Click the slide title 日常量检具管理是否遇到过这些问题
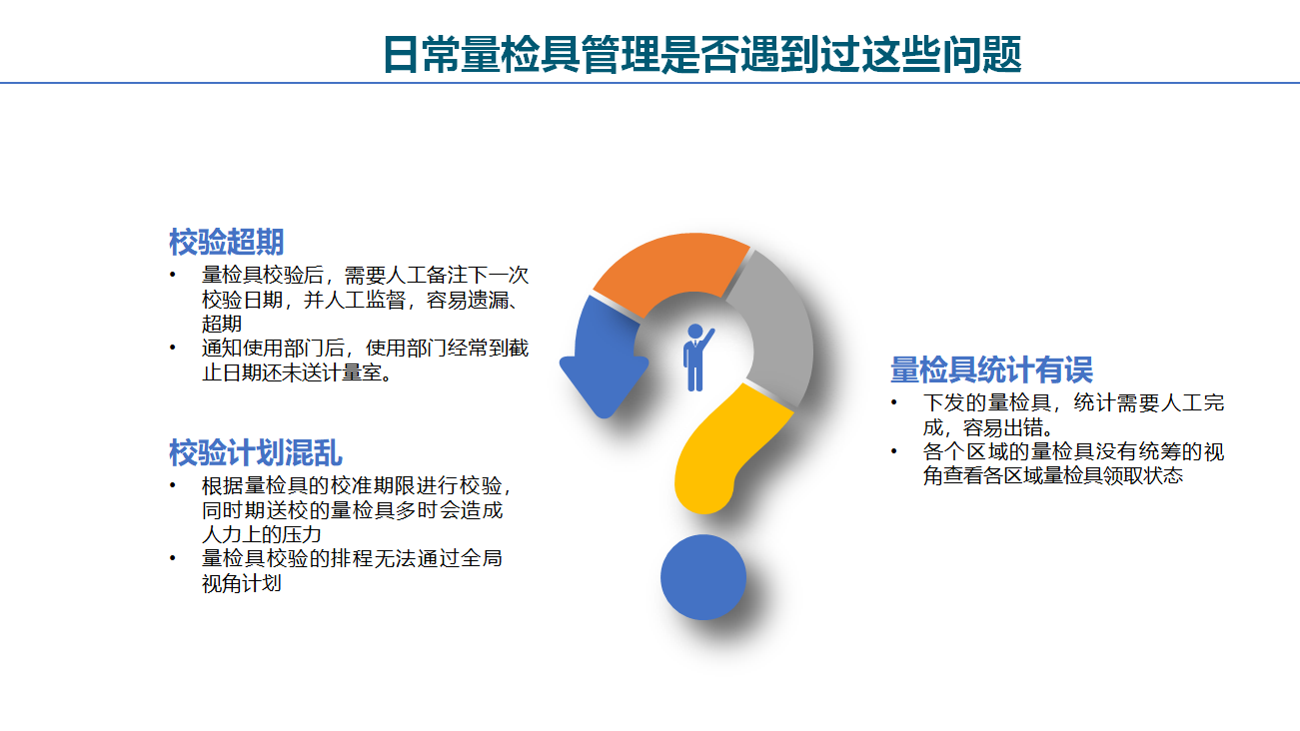[x=702, y=54]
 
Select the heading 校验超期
[x=227, y=242]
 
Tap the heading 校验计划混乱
[x=256, y=452]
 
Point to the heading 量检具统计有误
[x=992, y=369]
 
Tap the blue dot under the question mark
[x=703, y=577]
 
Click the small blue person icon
[x=695, y=358]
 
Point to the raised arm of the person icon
[x=707, y=339]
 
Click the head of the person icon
[x=694, y=332]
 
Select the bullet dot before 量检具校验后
[x=172, y=275]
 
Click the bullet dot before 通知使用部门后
[x=172, y=349]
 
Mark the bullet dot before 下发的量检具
[x=894, y=402]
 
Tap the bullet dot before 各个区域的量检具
[x=894, y=451]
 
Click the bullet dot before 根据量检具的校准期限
[x=172, y=485]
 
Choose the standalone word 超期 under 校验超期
[x=222, y=324]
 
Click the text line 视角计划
[x=242, y=583]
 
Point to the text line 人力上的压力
[x=261, y=533]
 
